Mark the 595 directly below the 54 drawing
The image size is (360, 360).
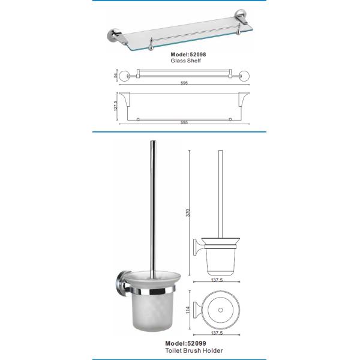tap(184, 83)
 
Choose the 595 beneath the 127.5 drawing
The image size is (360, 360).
tap(184, 122)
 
